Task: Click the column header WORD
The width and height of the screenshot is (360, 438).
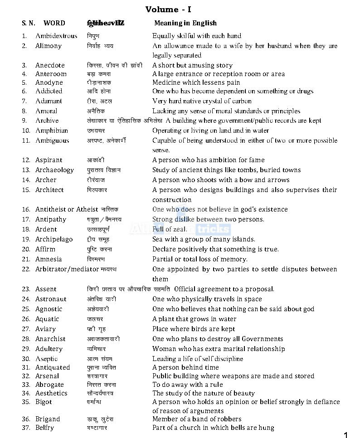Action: pyautogui.click(x=54, y=23)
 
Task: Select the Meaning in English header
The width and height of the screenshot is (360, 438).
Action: pyautogui.click(x=185, y=23)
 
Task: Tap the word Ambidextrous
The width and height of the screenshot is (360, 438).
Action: pyautogui.click(x=56, y=36)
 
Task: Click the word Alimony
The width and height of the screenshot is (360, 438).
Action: pyautogui.click(x=49, y=46)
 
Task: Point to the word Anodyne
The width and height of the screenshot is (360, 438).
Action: pyautogui.click(x=49, y=82)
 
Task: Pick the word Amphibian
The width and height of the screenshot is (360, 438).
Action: pyautogui.click(x=52, y=130)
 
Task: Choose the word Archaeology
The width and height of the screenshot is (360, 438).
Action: pyautogui.click(x=54, y=170)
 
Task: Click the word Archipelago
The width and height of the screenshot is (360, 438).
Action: pyautogui.click(x=54, y=239)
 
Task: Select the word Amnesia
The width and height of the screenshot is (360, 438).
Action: pyautogui.click(x=49, y=259)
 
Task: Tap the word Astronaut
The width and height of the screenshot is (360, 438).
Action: pyautogui.click(x=51, y=299)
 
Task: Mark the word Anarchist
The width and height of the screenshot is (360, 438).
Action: pyautogui.click(x=50, y=339)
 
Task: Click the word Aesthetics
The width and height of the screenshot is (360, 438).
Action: pyautogui.click(x=51, y=393)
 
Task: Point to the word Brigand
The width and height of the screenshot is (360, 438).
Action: pyautogui.click(x=48, y=419)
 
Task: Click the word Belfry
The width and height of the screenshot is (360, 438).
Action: pyautogui.click(x=44, y=428)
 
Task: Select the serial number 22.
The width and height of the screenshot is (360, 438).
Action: pyautogui.click(x=26, y=269)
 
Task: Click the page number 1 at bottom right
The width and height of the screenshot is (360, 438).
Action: pyautogui.click(x=346, y=435)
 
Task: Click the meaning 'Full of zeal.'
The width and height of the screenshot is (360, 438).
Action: pyautogui.click(x=170, y=229)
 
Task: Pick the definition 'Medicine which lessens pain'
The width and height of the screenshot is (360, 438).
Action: pyautogui.click(x=196, y=82)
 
